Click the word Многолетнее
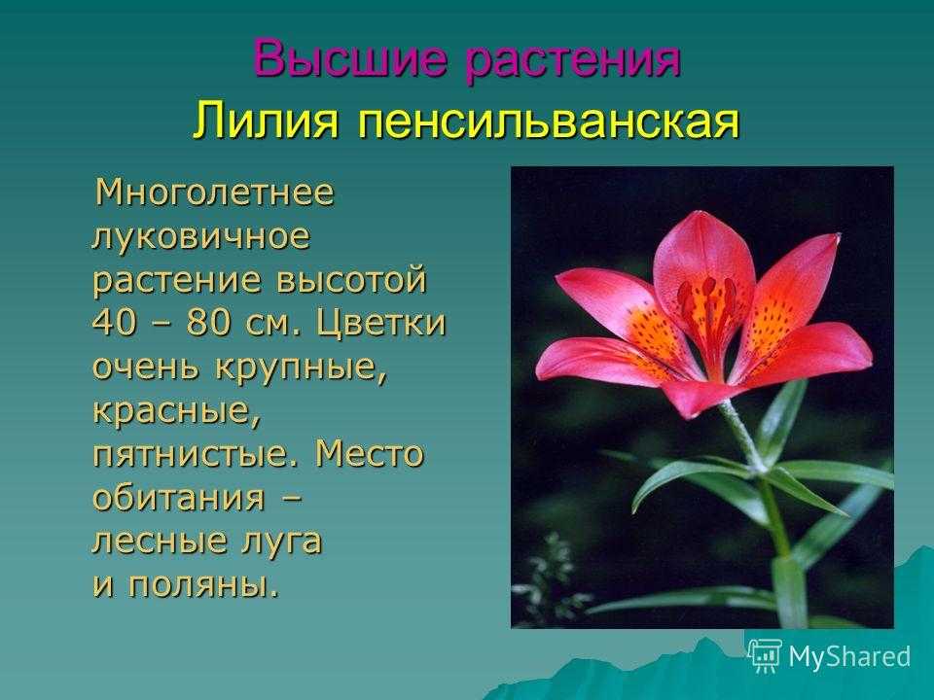214,192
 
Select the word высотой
351,280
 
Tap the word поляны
203,586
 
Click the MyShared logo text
849,657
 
